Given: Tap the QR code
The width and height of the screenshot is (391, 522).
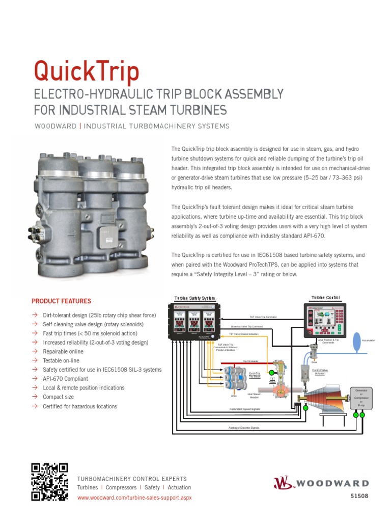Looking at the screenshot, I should (49, 482).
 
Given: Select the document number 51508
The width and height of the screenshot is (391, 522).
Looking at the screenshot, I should (359, 496).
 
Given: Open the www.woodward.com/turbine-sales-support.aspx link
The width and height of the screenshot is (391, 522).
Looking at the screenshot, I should (134, 497).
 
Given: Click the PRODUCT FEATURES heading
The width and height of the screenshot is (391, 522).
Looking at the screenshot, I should (61, 301).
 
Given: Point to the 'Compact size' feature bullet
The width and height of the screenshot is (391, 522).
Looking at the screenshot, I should (59, 397).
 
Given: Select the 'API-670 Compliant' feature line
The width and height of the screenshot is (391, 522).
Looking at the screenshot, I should (65, 379).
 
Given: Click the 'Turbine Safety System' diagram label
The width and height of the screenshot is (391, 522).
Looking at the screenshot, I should (194, 298).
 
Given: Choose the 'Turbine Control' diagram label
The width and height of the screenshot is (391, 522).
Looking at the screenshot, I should (325, 298).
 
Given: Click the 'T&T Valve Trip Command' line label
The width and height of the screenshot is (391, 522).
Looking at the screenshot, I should (263, 317).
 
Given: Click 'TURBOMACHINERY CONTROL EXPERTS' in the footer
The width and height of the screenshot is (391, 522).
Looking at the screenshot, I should (131, 479).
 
